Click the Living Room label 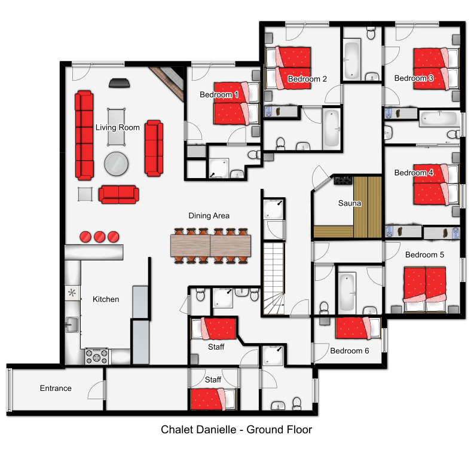pos(117,127)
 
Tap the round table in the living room pos(116,164)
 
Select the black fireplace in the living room pos(120,83)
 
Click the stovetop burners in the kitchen pos(96,357)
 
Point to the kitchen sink pos(72,325)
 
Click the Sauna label pos(349,203)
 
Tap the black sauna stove pos(343,180)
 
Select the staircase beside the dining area pos(274,279)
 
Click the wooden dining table pos(210,246)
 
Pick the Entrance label pos(56,388)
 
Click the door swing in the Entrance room pos(96,390)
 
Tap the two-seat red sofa pos(119,195)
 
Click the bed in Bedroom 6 pos(358,328)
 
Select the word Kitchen pos(106,299)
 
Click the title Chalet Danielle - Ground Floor pos(237,430)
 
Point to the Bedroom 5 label pos(424,255)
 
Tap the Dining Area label pos(209,216)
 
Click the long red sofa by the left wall pos(84,136)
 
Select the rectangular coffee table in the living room pos(116,127)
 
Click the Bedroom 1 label pos(219,94)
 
